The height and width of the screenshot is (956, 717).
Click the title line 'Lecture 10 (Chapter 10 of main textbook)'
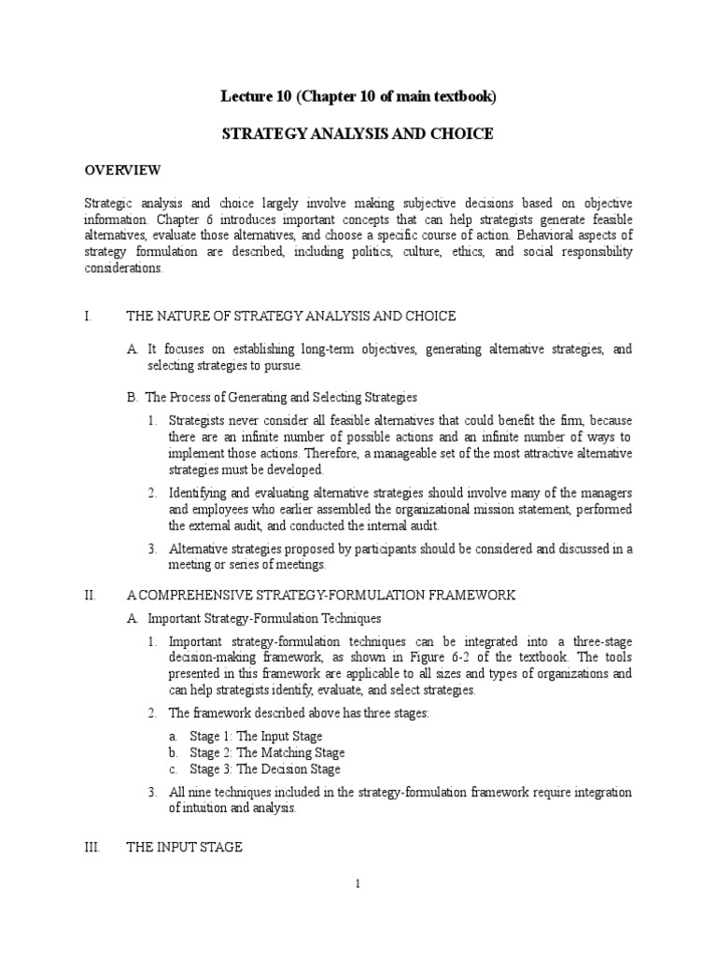pos(358,97)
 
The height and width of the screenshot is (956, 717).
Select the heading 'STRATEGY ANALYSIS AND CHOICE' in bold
pos(358,134)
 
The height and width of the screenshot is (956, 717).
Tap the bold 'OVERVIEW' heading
pos(123,170)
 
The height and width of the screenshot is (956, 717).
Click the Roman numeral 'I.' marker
pos(88,316)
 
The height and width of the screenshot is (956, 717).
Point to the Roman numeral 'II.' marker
pos(90,595)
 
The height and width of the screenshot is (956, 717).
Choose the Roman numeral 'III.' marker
pos(91,847)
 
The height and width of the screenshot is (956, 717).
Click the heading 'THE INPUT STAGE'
pos(185,847)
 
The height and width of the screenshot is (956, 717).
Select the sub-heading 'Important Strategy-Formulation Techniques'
pos(264,618)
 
